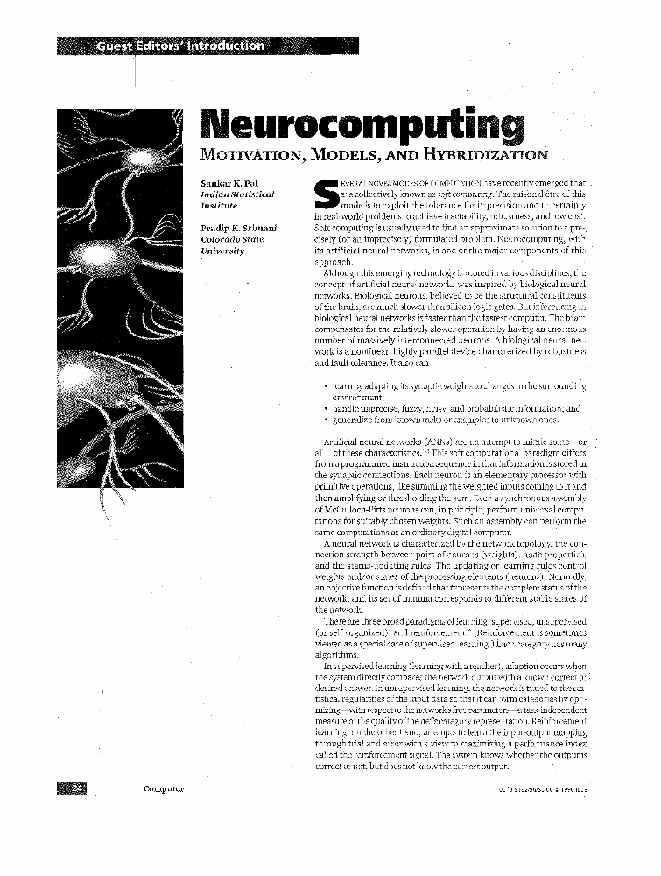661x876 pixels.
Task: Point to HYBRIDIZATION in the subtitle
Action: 482,155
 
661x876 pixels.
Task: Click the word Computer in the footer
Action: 163,788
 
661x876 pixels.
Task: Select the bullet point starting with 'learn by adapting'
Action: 455,385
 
